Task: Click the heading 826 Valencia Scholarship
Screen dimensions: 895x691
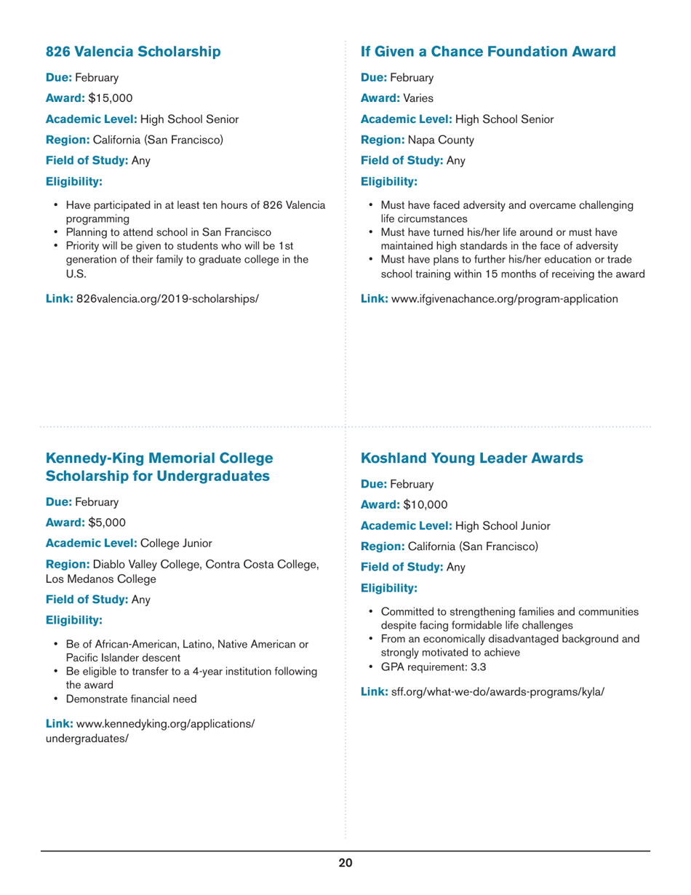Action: (x=133, y=52)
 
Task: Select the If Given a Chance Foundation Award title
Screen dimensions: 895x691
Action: (x=488, y=52)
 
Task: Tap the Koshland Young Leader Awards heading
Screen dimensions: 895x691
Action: (x=472, y=458)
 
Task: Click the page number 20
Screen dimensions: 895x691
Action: (x=345, y=863)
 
